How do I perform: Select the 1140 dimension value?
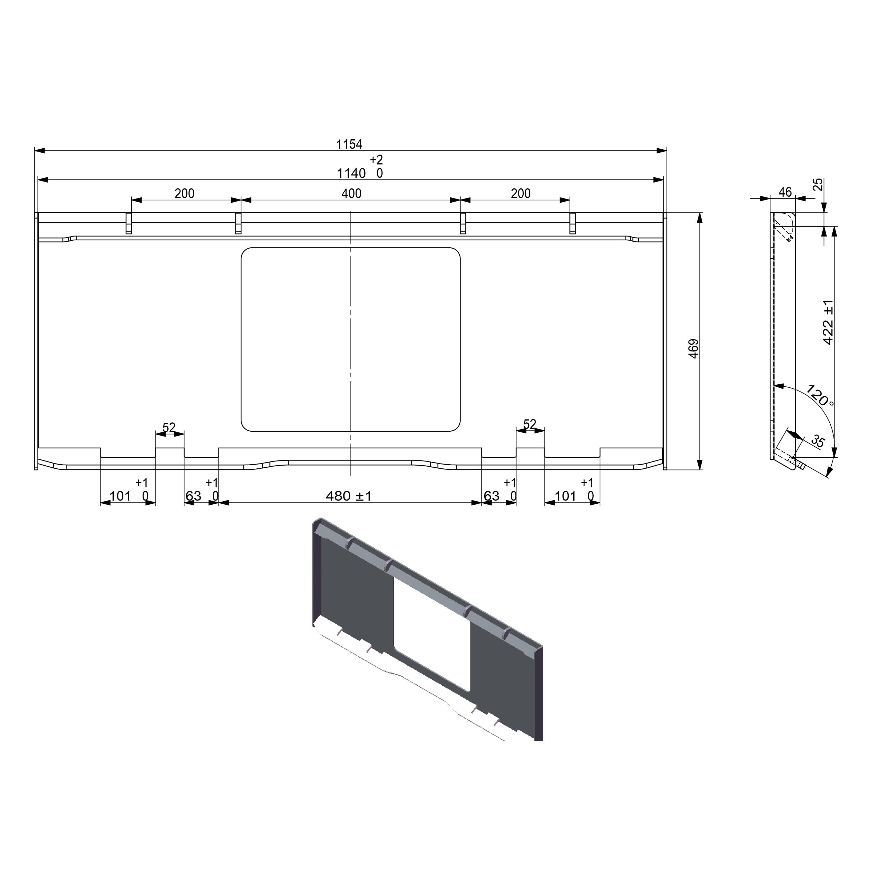click(351, 173)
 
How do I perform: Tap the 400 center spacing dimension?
click(351, 194)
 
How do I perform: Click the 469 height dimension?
click(693, 348)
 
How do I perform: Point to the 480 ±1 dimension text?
click(348, 496)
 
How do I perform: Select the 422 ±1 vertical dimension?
click(828, 322)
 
